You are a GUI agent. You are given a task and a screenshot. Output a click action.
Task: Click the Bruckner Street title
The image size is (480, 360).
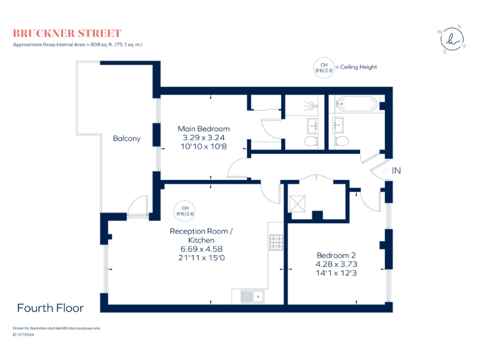(x=67, y=33)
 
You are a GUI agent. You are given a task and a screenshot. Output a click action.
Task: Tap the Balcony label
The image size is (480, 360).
(x=126, y=139)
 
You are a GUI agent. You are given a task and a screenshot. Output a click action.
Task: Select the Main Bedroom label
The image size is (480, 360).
(x=203, y=129)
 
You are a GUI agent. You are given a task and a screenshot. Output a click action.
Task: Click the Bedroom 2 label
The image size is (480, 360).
(x=336, y=255)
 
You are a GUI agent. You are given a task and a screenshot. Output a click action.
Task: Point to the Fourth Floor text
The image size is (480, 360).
(x=50, y=307)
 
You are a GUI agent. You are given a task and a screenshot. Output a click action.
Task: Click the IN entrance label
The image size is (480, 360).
(x=396, y=170)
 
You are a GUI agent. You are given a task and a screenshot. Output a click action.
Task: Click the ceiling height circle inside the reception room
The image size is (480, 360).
(x=185, y=211)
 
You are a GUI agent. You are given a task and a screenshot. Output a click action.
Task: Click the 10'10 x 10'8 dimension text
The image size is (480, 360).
(x=203, y=146)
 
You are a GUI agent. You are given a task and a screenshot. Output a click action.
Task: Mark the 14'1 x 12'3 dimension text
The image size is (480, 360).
(x=336, y=272)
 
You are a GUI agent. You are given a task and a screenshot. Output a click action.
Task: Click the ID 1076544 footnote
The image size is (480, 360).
(x=23, y=334)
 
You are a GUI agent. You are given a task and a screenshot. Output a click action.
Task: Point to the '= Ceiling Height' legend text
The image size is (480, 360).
(x=356, y=67)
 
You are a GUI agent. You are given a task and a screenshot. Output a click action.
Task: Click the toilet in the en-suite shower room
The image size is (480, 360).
(x=311, y=142)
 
